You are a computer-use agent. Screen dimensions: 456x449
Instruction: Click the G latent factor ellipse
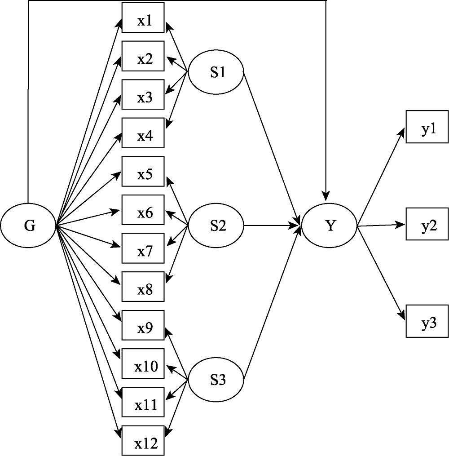tap(28, 226)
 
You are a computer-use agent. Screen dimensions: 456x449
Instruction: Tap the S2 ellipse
tap(216, 226)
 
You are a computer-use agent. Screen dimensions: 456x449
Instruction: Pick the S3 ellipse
tap(216, 380)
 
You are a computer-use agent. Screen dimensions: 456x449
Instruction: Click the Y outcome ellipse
tap(330, 226)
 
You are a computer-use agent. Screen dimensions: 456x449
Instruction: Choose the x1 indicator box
tap(144, 21)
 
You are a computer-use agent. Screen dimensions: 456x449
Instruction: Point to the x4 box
tap(144, 136)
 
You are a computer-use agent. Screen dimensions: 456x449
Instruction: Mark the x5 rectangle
tap(144, 174)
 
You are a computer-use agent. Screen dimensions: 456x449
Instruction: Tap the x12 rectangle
tap(144, 444)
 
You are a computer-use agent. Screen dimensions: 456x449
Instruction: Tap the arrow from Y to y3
tap(381, 273)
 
